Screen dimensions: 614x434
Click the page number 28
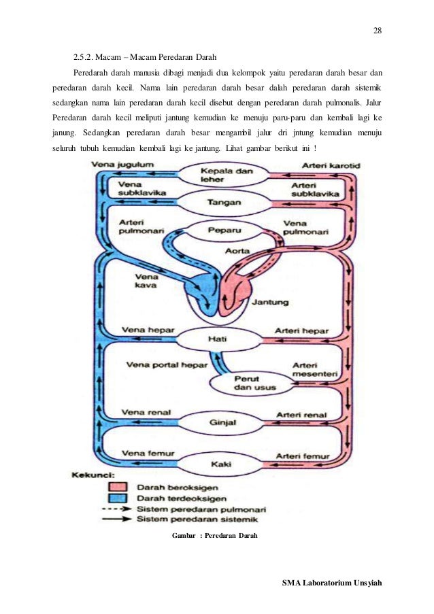[x=378, y=30]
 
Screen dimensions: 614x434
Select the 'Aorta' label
[x=237, y=252]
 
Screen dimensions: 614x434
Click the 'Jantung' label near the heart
[x=270, y=303]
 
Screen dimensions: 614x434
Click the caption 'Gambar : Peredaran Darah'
[x=215, y=536]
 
